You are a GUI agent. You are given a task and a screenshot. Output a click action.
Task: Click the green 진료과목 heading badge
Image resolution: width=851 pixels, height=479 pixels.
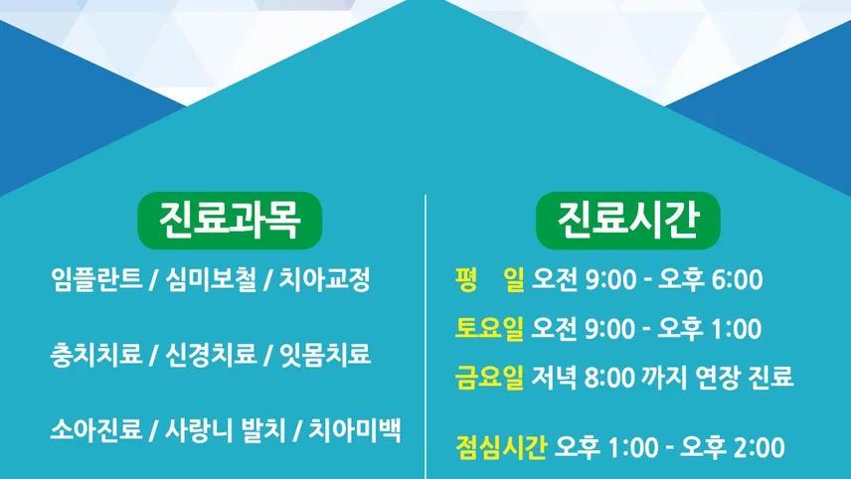[230, 221]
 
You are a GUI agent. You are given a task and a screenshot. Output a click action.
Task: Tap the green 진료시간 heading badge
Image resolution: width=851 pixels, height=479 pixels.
[628, 221]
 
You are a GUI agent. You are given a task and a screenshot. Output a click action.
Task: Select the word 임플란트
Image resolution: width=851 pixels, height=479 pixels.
[96, 280]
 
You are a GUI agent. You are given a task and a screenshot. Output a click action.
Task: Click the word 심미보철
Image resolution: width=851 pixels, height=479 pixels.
[211, 280]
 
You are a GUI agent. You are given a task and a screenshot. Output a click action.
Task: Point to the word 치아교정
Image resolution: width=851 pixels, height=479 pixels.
[324, 280]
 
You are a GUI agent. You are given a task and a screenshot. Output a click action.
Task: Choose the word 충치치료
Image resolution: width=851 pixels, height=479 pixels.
[96, 355]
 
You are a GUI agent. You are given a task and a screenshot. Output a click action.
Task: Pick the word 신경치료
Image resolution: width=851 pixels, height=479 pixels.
[211, 355]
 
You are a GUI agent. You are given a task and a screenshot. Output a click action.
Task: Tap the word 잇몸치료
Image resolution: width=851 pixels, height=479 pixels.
[324, 355]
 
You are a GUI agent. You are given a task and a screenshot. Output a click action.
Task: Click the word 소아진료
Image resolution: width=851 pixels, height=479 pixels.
[96, 429]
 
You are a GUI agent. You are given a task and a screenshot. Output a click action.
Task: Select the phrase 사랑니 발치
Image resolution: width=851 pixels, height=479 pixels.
[226, 429]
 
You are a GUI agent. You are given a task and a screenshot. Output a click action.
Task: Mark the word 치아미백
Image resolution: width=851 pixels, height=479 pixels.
[355, 429]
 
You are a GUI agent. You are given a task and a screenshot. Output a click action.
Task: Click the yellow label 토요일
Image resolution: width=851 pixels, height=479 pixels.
[489, 328]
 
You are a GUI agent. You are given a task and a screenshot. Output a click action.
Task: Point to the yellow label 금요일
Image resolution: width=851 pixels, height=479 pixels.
[489, 377]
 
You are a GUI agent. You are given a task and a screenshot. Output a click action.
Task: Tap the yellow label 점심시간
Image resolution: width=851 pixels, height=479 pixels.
[501, 447]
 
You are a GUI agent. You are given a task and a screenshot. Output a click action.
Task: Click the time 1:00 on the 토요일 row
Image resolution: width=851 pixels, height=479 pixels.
[737, 329]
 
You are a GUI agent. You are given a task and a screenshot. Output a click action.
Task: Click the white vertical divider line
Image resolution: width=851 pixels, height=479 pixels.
[425, 336]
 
